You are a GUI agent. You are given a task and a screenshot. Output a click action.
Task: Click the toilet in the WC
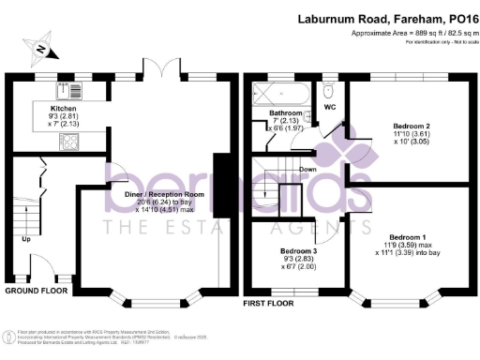(x=325, y=93)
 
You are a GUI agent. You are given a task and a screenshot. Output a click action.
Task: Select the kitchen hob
(x=68, y=141)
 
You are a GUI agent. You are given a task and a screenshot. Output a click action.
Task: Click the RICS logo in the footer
(x=9, y=337)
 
